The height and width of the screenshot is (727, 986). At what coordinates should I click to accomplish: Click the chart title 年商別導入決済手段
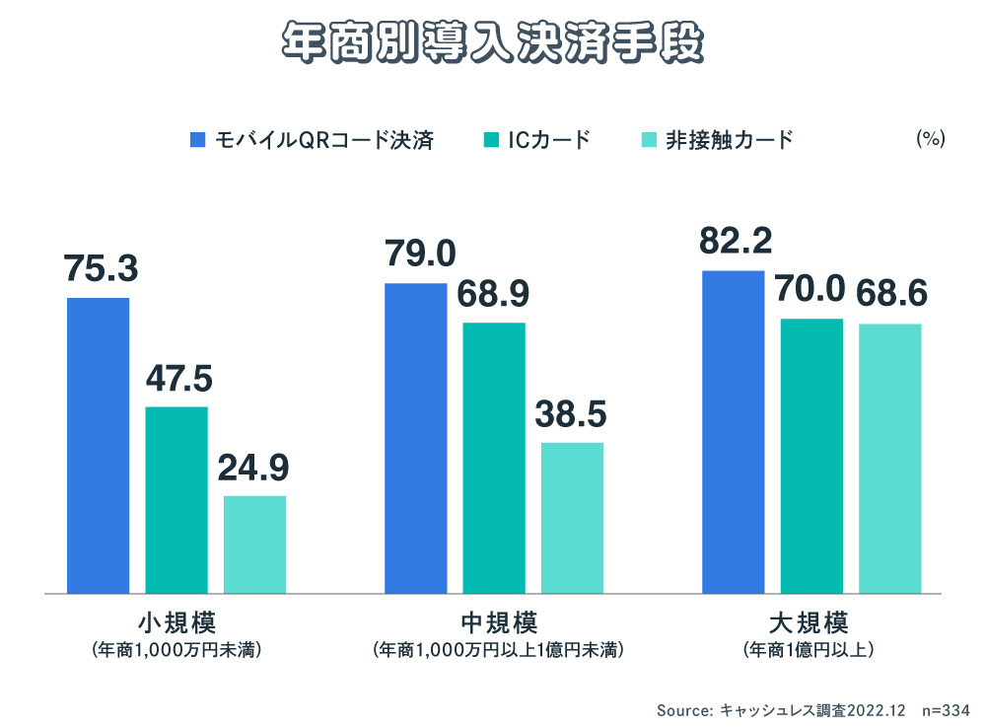pyautogui.click(x=493, y=41)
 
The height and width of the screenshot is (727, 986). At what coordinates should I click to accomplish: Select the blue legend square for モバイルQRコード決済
pyautogui.click(x=197, y=140)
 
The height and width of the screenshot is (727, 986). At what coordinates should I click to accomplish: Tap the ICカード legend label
pyautogui.click(x=549, y=140)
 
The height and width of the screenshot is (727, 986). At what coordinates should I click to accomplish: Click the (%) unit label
pyautogui.click(x=930, y=139)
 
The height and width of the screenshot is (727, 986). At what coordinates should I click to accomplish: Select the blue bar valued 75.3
pyautogui.click(x=98, y=445)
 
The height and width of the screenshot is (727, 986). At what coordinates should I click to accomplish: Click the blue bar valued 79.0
pyautogui.click(x=415, y=438)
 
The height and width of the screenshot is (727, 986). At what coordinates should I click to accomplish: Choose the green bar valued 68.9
pyautogui.click(x=494, y=458)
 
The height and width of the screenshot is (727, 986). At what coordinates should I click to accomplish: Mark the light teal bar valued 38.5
pyautogui.click(x=572, y=518)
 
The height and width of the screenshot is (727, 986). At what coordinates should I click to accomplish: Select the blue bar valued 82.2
pyautogui.click(x=733, y=432)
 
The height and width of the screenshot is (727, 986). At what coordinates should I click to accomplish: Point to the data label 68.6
pyautogui.click(x=890, y=293)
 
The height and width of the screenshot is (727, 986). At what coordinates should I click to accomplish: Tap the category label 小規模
pyautogui.click(x=176, y=623)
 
